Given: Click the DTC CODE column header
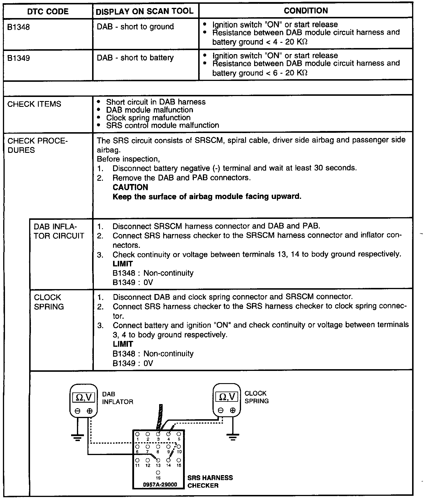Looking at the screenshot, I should click(48, 12).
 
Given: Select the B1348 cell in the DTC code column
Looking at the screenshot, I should click(19, 27).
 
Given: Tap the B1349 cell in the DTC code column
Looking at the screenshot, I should click(19, 58).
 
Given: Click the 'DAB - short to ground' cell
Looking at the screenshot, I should click(135, 27).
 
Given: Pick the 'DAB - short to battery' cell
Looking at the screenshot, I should click(135, 58).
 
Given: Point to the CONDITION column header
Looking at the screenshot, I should click(306, 11).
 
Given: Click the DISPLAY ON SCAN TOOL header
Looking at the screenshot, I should click(145, 11).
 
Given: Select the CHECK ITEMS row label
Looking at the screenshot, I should click(34, 104).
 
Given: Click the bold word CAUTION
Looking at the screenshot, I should click(130, 187).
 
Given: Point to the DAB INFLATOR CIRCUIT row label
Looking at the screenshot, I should click(59, 231).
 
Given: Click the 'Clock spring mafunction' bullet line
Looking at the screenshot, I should click(148, 118).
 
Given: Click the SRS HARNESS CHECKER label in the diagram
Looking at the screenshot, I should click(210, 482).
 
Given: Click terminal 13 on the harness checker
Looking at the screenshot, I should click(158, 460).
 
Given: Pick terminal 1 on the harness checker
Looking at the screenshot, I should click(137, 434).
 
